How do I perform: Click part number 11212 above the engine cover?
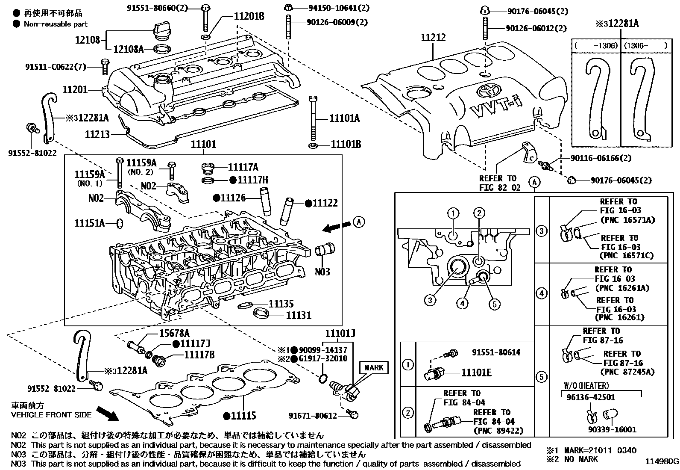tap(433, 38)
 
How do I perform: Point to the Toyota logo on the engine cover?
tap(486, 90)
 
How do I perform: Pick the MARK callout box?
tap(374, 367)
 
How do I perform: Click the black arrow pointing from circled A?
tap(335, 227)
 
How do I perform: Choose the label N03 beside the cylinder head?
tap(322, 272)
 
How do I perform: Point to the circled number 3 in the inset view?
tap(430, 300)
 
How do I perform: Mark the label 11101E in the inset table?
tap(476, 373)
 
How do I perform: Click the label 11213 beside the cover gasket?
tap(97, 134)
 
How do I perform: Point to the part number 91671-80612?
tap(313, 415)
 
